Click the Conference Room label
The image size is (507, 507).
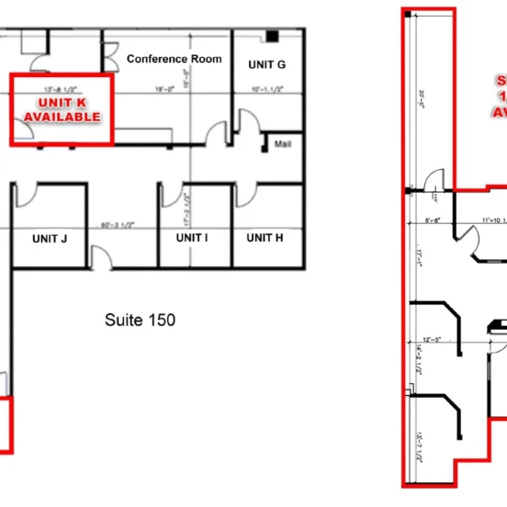175,60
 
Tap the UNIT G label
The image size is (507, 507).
267,64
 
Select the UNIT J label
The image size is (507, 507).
50,238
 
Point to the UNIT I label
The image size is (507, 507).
192,238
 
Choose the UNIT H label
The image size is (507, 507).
265,238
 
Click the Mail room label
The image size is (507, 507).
284,143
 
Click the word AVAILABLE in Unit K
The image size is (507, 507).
62,117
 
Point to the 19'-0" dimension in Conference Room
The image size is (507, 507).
164,89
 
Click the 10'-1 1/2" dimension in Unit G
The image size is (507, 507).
266,89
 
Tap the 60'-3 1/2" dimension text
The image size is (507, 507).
119,223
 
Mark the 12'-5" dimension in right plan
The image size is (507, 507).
434,339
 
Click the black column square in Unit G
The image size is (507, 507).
273,36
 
